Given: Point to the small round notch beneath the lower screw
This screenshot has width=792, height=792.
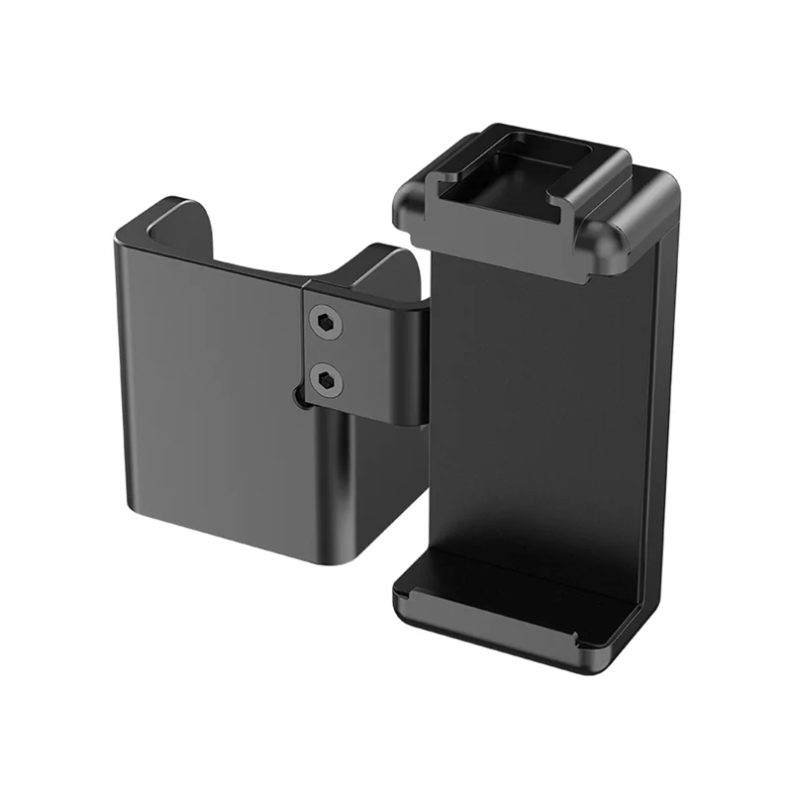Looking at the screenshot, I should tap(300, 397).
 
